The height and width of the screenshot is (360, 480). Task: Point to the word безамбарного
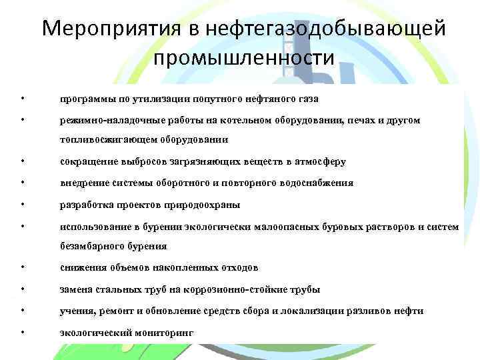pos(89,247)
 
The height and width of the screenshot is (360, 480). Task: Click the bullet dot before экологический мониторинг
pos(23,332)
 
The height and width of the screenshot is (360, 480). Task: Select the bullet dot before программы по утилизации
pos(23,99)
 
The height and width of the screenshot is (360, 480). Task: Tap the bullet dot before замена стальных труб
pos(23,289)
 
